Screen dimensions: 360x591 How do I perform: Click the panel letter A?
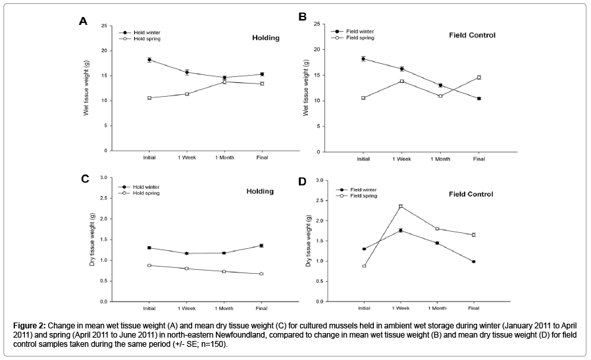(83, 21)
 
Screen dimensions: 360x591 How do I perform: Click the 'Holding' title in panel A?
(266, 38)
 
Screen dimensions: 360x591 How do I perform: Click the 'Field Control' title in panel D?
(471, 194)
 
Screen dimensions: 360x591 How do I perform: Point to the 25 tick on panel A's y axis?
(103, 26)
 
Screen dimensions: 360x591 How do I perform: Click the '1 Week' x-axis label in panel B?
(401, 159)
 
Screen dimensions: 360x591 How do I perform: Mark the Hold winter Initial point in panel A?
(150, 59)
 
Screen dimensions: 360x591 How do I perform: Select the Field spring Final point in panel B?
(478, 77)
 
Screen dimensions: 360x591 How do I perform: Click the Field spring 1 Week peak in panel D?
(401, 206)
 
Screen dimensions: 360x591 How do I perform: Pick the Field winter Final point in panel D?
(473, 261)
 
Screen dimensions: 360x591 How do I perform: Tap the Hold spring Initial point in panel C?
(150, 265)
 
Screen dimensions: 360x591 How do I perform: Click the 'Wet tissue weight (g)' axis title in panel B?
(307, 89)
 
